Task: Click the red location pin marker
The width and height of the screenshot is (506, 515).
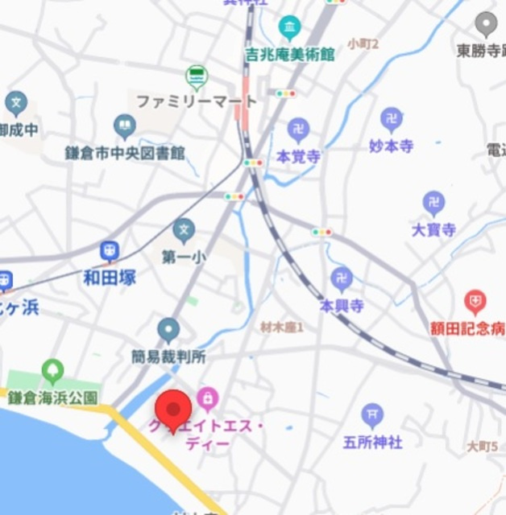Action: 172,409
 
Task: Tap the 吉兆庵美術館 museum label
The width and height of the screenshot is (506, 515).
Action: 289,55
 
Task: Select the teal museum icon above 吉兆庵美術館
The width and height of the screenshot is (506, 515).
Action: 289,29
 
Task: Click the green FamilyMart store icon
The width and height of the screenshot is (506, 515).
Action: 196,77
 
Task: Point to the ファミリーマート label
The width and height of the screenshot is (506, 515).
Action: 197,102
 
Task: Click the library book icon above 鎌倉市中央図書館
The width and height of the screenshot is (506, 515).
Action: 125,126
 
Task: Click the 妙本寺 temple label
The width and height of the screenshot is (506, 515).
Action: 392,146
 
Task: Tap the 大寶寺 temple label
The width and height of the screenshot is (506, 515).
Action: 433,229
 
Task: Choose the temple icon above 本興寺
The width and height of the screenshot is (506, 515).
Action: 342,279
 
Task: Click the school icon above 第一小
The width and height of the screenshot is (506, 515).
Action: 184,231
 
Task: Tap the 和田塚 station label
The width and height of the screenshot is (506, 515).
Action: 110,278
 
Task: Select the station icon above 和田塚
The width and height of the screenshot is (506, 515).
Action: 110,252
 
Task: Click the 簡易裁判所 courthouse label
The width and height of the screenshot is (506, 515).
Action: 169,355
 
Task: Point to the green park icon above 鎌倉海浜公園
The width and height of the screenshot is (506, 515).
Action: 52,371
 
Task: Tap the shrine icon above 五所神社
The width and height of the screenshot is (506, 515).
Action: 372,415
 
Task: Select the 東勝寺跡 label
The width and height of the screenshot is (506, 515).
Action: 481,51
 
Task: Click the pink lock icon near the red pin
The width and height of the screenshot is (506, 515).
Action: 207,397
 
